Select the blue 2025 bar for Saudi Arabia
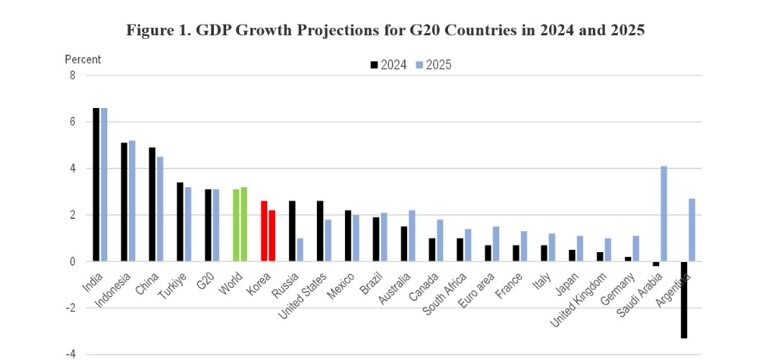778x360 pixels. [664, 214]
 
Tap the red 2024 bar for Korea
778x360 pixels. [264, 231]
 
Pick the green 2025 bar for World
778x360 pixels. [244, 224]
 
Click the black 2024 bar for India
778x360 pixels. [97, 184]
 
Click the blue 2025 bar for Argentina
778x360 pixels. [692, 230]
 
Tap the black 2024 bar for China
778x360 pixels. [153, 204]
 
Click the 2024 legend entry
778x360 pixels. [389, 65]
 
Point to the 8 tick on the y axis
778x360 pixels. [72, 75]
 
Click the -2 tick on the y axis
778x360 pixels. [71, 308]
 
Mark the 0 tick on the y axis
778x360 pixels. [72, 262]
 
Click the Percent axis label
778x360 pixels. [83, 59]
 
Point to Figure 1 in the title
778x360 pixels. [155, 30]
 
